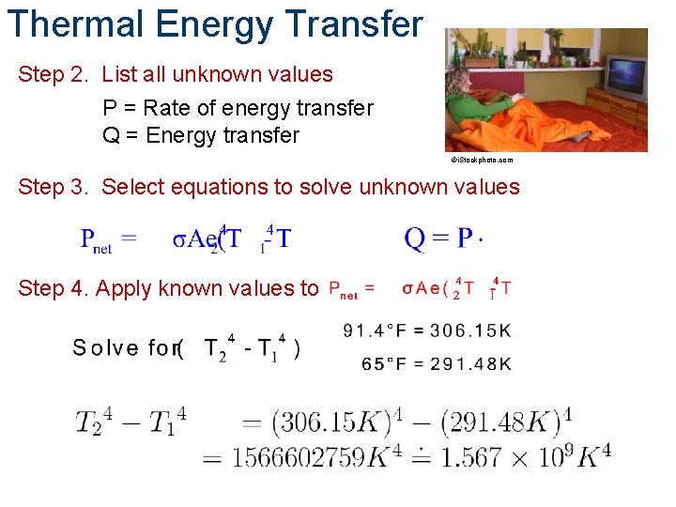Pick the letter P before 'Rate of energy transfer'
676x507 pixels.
click(x=110, y=109)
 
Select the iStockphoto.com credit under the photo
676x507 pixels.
click(x=482, y=161)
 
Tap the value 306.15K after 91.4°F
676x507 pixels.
click(x=471, y=330)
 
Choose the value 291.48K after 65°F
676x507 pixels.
click(x=471, y=364)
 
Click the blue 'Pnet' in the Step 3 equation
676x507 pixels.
click(x=97, y=240)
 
